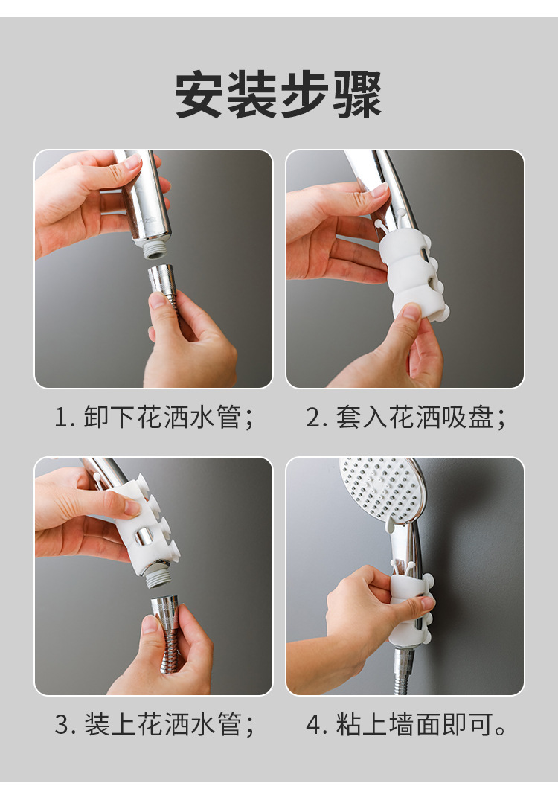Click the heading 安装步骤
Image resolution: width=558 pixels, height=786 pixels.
[278, 95]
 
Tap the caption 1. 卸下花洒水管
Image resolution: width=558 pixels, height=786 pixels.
[154, 418]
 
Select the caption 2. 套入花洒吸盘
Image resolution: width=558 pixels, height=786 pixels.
[405, 418]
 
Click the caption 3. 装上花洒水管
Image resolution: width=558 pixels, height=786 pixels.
[154, 724]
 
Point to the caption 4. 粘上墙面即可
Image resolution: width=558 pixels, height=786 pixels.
[405, 724]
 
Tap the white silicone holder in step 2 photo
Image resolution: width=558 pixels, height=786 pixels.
[410, 272]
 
